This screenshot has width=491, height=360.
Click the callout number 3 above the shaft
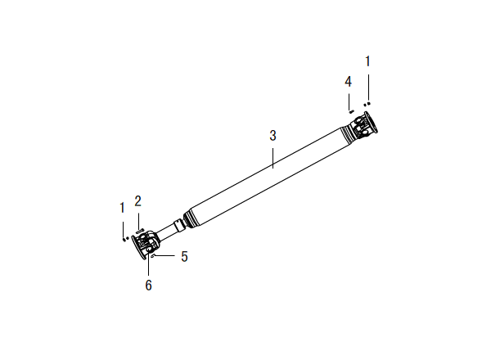[273, 136]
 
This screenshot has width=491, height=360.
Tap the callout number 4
[349, 82]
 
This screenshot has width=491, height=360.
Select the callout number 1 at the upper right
[368, 61]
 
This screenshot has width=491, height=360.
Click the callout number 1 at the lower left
[123, 208]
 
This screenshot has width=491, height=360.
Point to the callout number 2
[137, 201]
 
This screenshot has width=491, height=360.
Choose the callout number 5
[184, 256]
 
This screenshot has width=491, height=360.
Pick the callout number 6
[148, 286]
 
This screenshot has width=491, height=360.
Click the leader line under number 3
[273, 158]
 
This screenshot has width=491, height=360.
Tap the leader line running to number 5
[164, 256]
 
